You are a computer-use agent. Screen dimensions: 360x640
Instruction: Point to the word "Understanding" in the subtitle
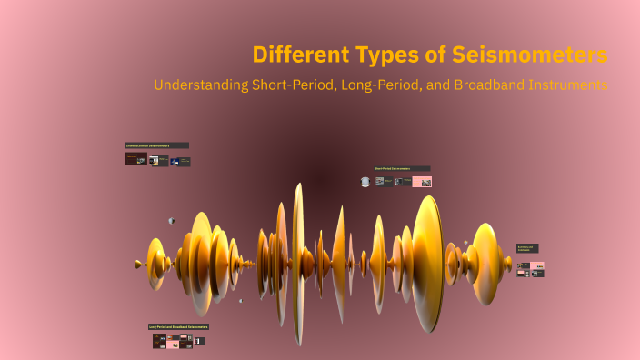pyautogui.click(x=202, y=85)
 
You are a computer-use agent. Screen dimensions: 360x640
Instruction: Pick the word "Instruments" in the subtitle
pyautogui.click(x=569, y=85)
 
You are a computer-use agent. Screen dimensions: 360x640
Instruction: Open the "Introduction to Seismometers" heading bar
pyautogui.click(x=156, y=145)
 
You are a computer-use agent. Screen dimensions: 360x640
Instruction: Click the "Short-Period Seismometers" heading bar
pyautogui.click(x=402, y=168)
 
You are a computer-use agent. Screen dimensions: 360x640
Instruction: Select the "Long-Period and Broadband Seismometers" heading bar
pyautogui.click(x=179, y=326)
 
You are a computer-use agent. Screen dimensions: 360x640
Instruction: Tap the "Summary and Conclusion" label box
pyautogui.click(x=527, y=248)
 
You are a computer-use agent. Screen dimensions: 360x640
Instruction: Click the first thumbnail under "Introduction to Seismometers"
pyautogui.click(x=135, y=159)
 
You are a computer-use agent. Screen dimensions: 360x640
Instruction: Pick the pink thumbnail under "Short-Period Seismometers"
pyautogui.click(x=421, y=182)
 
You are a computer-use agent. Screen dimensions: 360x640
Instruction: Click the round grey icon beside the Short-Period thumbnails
pyautogui.click(x=365, y=182)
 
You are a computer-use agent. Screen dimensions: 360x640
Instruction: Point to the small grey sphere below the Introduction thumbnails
pyautogui.click(x=171, y=220)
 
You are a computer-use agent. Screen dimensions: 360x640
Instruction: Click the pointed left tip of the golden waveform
pyautogui.click(x=138, y=265)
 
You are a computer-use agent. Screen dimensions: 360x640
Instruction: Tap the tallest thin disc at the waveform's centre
pyautogui.click(x=297, y=264)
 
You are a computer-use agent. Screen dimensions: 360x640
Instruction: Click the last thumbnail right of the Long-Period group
pyautogui.click(x=199, y=341)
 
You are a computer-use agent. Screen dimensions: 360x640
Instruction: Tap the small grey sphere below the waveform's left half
pyautogui.click(x=241, y=300)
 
